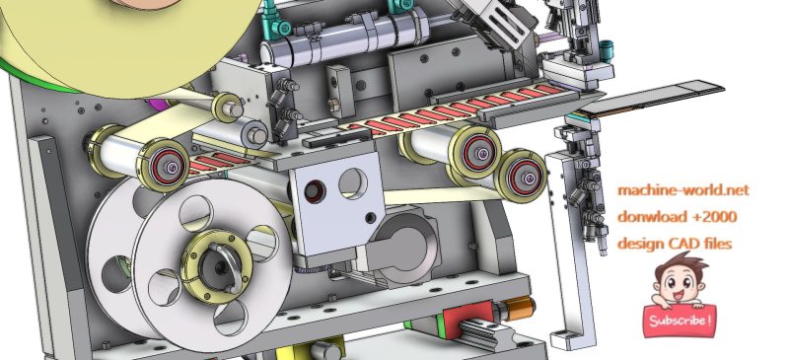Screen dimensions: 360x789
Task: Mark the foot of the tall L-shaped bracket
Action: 566,339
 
